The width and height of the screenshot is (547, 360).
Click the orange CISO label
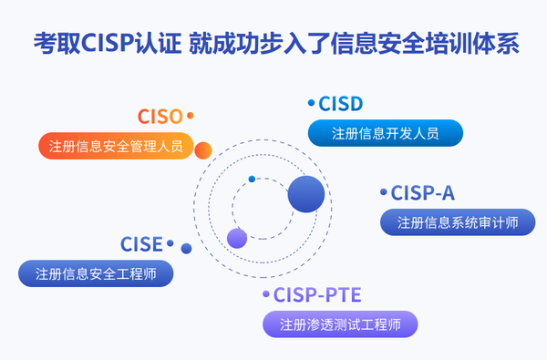click(x=160, y=117)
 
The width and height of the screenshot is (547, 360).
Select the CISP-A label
click(x=422, y=193)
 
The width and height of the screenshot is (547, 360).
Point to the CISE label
click(x=141, y=244)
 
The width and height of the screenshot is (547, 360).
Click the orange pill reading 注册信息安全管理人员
click(x=115, y=145)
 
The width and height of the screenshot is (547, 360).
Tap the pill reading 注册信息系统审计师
click(x=458, y=221)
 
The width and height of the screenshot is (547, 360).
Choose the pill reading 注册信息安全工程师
click(x=96, y=273)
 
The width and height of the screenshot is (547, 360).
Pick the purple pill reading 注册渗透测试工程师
click(x=340, y=324)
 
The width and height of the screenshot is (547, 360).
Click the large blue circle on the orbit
click(x=306, y=194)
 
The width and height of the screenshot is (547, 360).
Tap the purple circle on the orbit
click(x=237, y=239)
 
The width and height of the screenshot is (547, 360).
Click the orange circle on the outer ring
click(x=203, y=150)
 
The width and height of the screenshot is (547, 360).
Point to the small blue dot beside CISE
click(x=186, y=248)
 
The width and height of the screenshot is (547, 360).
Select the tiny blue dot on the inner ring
click(x=252, y=179)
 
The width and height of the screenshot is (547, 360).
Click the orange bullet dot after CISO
click(x=191, y=116)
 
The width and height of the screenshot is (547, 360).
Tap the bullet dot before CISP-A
click(x=383, y=192)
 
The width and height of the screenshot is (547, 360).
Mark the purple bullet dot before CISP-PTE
click(x=266, y=294)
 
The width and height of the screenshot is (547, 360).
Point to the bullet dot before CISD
click(x=311, y=104)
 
